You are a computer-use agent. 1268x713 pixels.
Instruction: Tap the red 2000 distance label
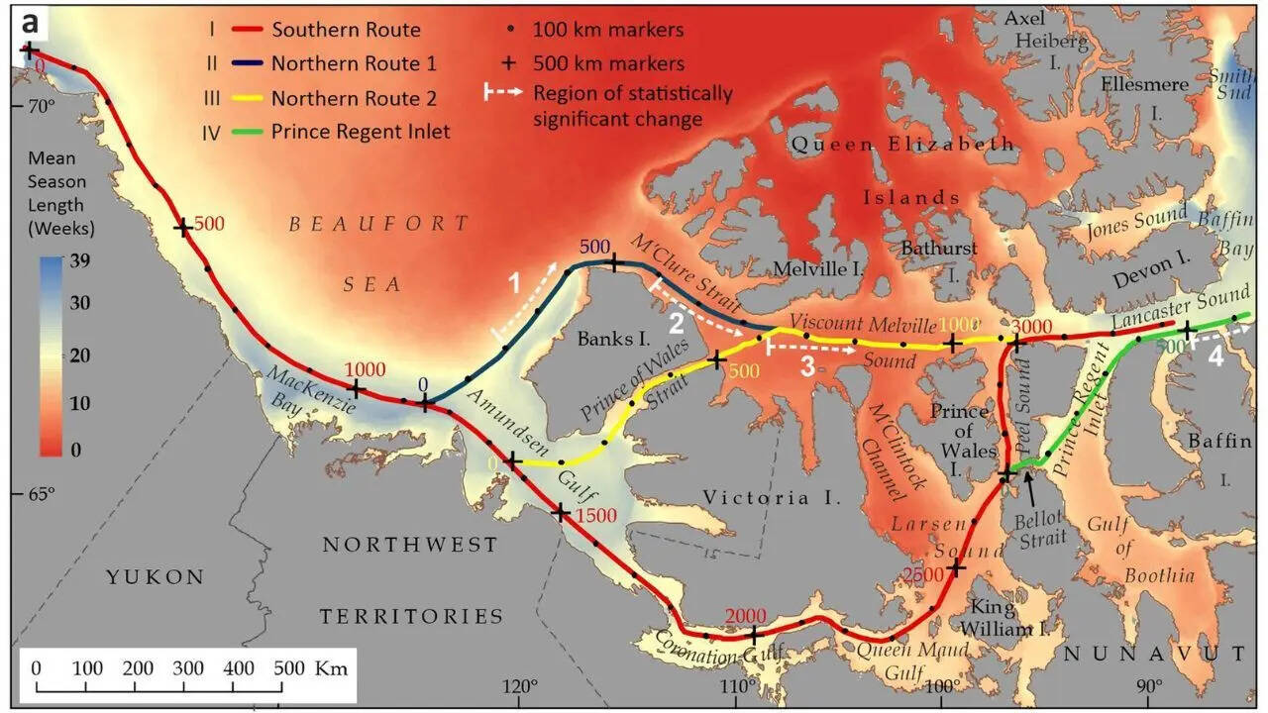[745, 616]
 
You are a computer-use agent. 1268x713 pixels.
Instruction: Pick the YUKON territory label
[156, 577]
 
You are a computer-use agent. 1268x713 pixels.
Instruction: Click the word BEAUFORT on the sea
[379, 224]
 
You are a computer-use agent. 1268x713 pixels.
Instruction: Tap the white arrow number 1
[513, 283]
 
